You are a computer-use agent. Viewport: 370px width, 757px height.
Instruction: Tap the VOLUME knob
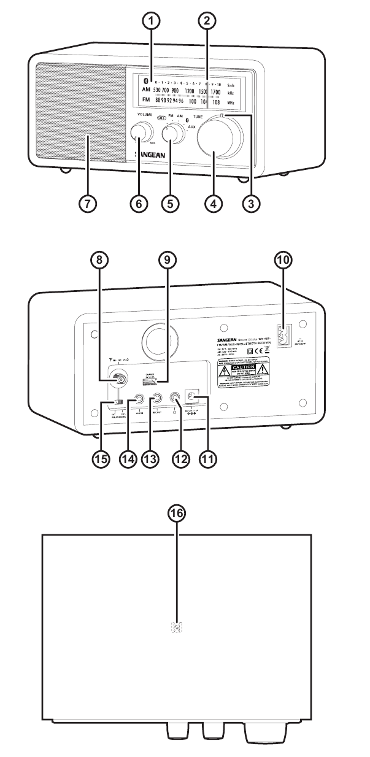(x=141, y=134)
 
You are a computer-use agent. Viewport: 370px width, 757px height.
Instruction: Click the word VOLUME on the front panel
(x=139, y=113)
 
